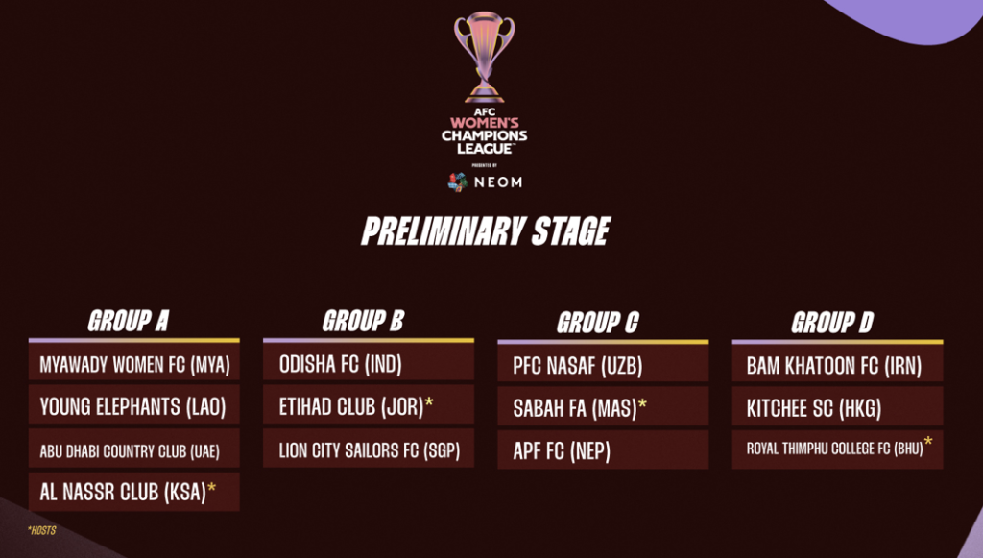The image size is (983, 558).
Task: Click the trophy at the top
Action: click(x=484, y=57)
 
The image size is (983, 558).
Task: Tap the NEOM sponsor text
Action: click(x=498, y=182)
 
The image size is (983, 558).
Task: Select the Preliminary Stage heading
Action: click(x=486, y=230)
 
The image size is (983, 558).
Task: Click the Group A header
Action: click(x=129, y=321)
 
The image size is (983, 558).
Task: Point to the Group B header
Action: click(x=363, y=321)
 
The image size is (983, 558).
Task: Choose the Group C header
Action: click(x=597, y=323)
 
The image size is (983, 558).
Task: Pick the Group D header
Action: click(x=832, y=323)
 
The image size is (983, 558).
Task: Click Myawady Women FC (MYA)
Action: click(x=134, y=364)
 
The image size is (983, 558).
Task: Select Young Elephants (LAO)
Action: click(x=132, y=407)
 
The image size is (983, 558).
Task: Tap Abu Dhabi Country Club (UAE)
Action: click(x=130, y=450)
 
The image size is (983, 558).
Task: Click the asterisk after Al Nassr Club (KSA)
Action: click(x=212, y=488)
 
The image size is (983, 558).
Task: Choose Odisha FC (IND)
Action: click(x=341, y=364)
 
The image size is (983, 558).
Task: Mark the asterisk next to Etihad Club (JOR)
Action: click(x=429, y=401)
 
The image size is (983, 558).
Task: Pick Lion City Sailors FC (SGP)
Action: click(x=370, y=450)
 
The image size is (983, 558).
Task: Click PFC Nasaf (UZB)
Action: click(x=577, y=366)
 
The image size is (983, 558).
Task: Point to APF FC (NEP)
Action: click(x=562, y=450)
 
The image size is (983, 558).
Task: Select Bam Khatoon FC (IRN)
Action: click(x=834, y=366)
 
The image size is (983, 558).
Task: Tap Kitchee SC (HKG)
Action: click(x=814, y=409)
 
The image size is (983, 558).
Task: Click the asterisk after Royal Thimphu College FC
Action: click(x=928, y=442)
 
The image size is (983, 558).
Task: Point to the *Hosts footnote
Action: click(x=42, y=530)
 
